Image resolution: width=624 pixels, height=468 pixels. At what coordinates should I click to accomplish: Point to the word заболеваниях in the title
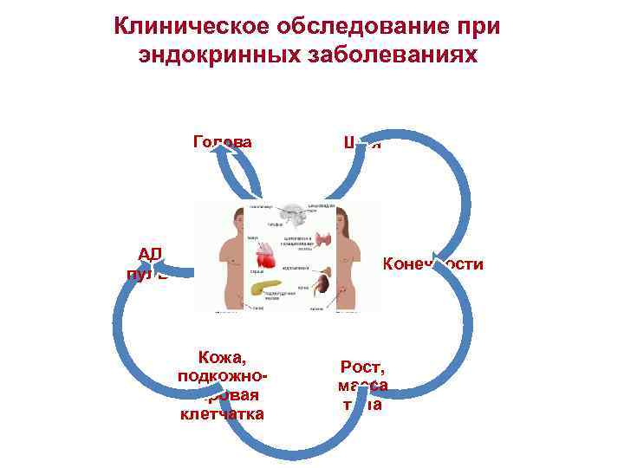pyautogui.click(x=395, y=55)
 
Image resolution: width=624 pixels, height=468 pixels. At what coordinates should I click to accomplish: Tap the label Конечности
pyautogui.click(x=432, y=263)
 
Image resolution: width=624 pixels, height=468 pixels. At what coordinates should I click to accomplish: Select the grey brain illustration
pyautogui.click(x=288, y=216)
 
